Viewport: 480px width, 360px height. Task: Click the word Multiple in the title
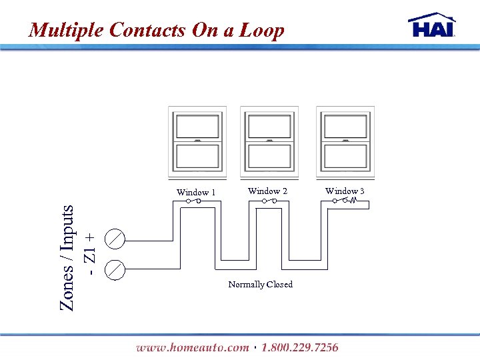pos(66,30)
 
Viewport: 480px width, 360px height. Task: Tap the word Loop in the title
pos(262,30)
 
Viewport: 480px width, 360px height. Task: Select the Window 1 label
pos(195,193)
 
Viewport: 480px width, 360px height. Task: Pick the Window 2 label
pos(267,191)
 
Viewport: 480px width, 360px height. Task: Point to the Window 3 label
pos(345,191)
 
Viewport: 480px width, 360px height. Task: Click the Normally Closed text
pos(260,285)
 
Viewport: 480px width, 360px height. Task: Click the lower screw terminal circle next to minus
pos(115,269)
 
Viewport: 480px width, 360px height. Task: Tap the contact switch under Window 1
pos(193,201)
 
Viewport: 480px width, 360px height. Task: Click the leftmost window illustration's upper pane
pos(197,126)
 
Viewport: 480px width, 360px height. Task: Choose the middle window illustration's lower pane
pos(269,157)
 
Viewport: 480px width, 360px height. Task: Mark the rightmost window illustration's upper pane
pos(345,126)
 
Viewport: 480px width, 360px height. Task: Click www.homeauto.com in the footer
pos(193,347)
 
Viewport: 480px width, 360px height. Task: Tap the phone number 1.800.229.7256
pos(300,347)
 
